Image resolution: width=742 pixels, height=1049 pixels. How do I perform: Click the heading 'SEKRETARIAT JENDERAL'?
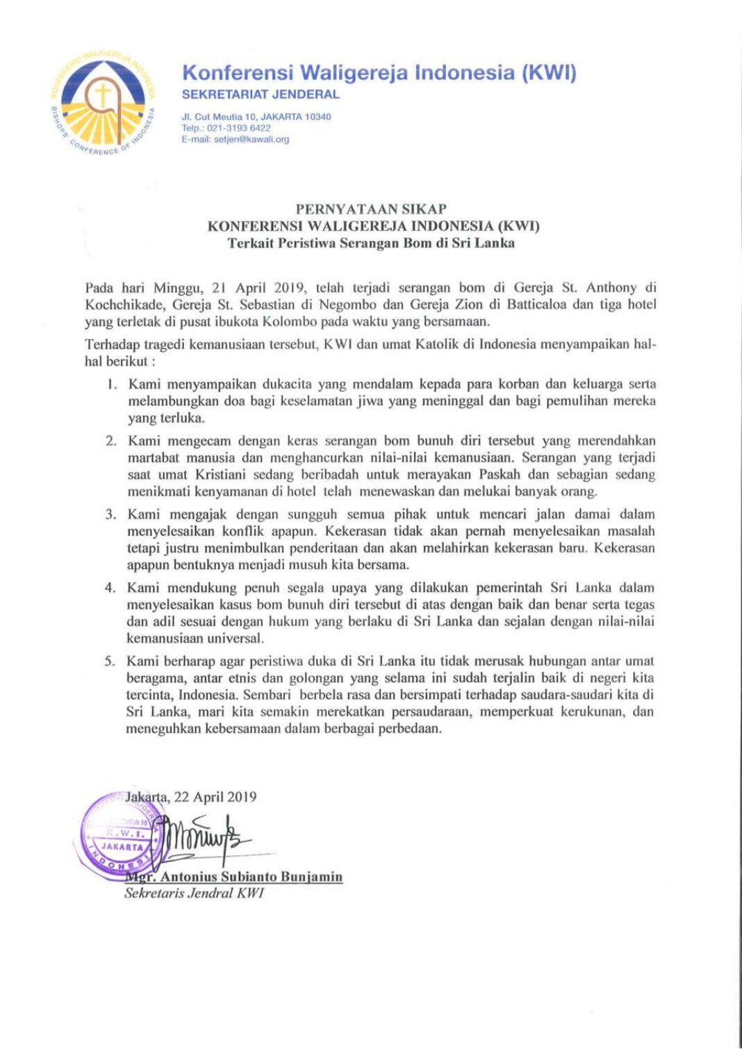pos(261,94)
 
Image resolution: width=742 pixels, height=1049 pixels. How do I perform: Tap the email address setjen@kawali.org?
pos(252,139)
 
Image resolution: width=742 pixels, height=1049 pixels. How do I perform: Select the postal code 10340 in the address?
pos(318,117)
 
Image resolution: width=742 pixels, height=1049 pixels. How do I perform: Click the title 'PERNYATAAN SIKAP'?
pos(371,208)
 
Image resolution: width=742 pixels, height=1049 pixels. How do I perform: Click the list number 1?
pos(111,384)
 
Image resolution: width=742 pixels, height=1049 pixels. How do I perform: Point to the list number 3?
pos(110,515)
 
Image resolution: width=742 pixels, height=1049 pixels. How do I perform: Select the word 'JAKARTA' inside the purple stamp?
pos(122,847)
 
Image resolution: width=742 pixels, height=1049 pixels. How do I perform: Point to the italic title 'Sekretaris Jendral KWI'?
pos(194,893)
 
